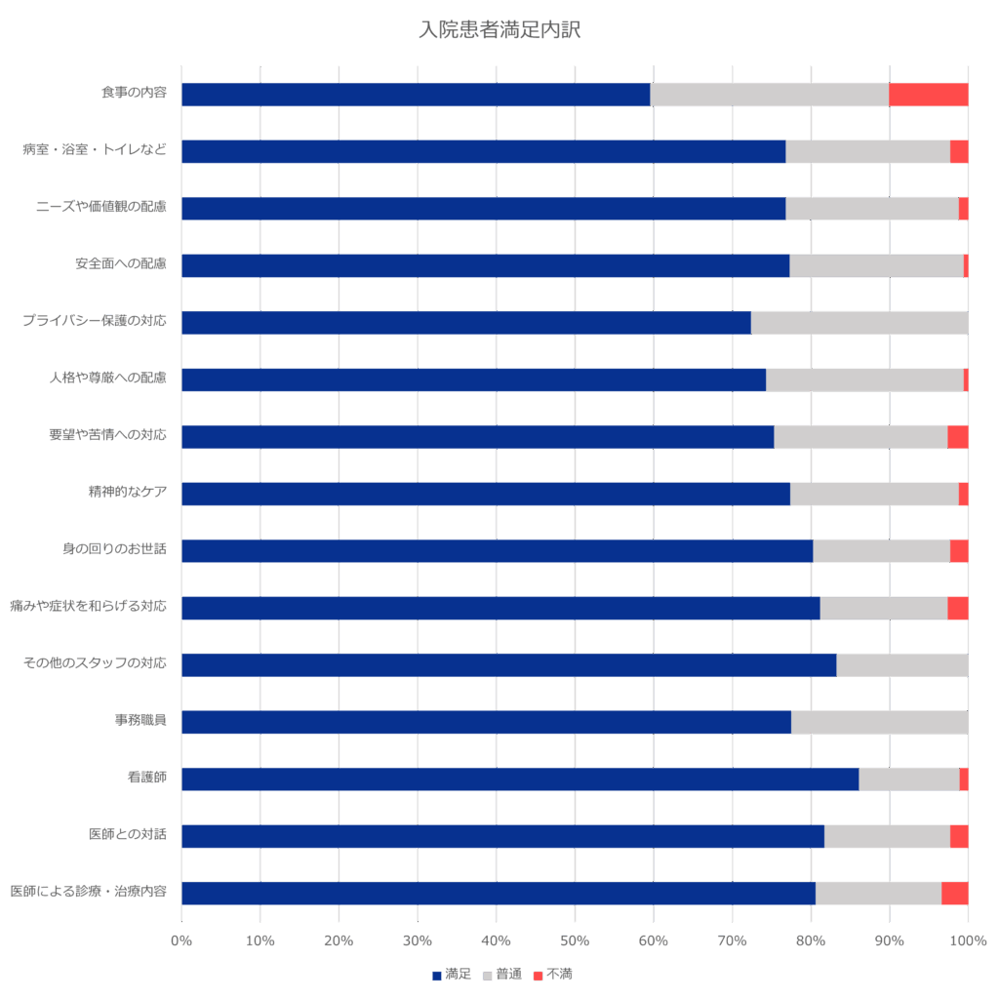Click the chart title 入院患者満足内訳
pos(499,30)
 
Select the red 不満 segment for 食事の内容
pos(928,95)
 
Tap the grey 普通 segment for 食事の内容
pos(769,95)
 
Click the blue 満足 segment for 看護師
pos(520,779)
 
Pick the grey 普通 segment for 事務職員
pos(879,722)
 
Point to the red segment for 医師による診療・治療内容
pos(954,894)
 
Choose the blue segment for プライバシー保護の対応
pos(466,323)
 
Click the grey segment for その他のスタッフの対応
pos(901,665)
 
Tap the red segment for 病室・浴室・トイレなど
pos(959,151)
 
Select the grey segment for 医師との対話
pos(887,836)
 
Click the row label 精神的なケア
pos(127,493)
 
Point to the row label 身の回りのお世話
pos(113,549)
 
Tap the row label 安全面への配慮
pos(120,264)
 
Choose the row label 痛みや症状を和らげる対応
pos(88,606)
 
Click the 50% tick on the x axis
pos(575,940)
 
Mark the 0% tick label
pos(181,940)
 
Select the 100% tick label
pos(968,940)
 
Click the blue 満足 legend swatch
pos(437,975)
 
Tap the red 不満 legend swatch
pos(538,975)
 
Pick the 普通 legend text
pos(508,974)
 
